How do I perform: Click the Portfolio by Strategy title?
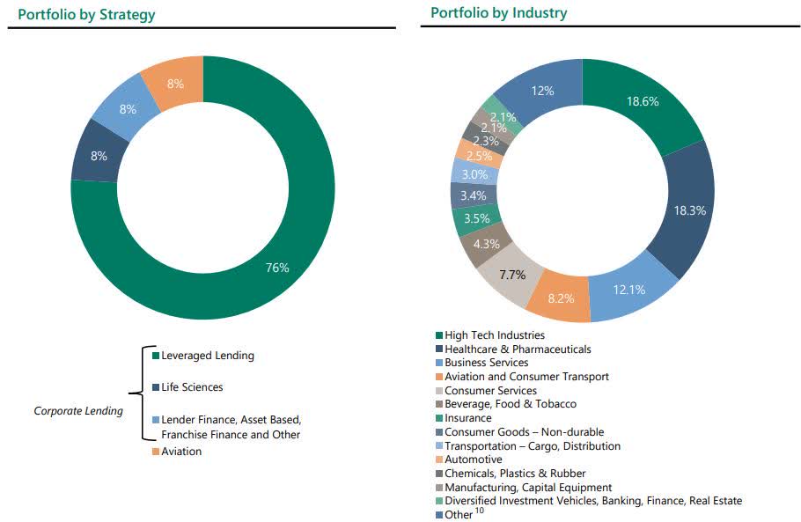(86, 14)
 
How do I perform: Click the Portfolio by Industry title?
(498, 13)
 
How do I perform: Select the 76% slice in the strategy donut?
(277, 268)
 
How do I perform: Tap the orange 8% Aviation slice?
(175, 84)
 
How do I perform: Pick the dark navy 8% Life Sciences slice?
(99, 156)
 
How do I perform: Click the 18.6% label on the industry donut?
(643, 102)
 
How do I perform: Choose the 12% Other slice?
(542, 90)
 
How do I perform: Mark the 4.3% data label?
(486, 244)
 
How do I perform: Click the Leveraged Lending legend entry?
(207, 356)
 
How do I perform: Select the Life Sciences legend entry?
(192, 387)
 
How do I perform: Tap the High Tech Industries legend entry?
(494, 335)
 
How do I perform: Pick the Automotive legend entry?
(473, 460)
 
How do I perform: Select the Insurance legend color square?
(439, 418)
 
